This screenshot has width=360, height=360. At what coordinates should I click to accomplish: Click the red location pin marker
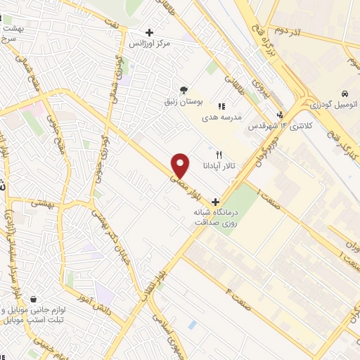[x=181, y=165]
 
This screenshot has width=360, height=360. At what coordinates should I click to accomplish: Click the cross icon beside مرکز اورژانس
[x=149, y=32]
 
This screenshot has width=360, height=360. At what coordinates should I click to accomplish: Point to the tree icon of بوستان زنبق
[x=184, y=90]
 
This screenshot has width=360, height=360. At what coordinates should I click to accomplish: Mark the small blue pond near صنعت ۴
[x=192, y=325]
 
